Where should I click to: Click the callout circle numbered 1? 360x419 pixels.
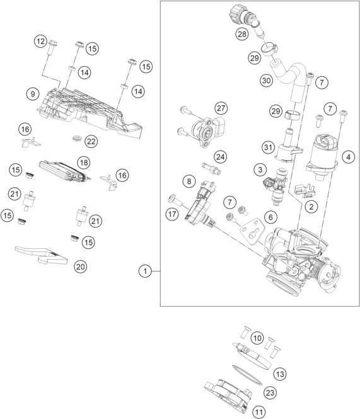[145, 271]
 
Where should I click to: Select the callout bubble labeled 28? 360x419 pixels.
[242, 34]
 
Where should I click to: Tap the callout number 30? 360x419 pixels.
[267, 80]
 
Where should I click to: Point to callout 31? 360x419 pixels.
[268, 147]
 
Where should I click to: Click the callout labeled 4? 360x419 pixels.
[348, 157]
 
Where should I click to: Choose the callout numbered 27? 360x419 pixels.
[221, 108]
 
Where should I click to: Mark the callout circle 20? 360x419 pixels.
[81, 267]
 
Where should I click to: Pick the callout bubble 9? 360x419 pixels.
[33, 94]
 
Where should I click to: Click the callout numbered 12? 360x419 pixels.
[40, 42]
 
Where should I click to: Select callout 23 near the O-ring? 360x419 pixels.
[270, 393]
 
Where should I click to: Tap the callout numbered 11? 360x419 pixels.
[258, 412]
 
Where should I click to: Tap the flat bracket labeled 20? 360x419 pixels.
[41, 255]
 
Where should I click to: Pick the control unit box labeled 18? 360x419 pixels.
[65, 171]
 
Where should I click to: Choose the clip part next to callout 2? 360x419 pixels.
[304, 190]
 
